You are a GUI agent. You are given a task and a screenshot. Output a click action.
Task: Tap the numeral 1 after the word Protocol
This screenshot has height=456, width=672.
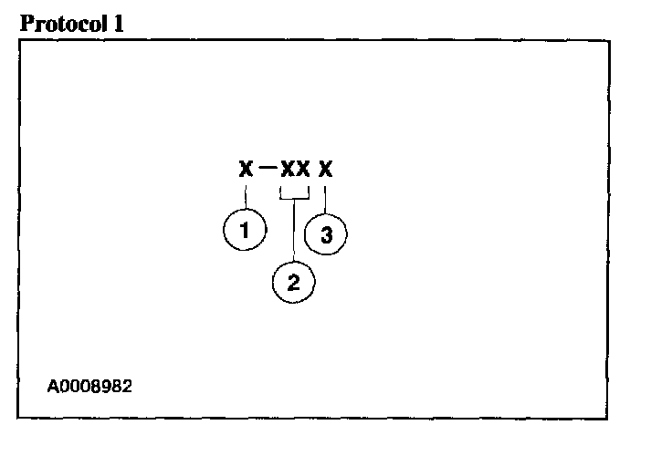pos(118,24)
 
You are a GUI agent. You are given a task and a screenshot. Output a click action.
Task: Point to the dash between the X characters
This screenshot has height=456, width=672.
pos(266,169)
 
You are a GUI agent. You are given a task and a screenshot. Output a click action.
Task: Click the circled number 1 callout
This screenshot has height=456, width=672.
pos(245,230)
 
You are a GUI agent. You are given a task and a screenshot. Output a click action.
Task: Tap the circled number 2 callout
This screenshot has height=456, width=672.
pos(293,283)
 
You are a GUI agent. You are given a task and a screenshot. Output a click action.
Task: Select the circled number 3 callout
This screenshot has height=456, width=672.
pos(326,235)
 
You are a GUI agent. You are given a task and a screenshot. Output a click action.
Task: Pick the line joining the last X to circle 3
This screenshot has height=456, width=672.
pos(325,198)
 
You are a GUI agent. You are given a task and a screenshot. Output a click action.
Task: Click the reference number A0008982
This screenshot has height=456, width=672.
pos(89,386)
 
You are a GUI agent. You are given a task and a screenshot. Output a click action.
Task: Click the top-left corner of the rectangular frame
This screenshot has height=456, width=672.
pos(18,40)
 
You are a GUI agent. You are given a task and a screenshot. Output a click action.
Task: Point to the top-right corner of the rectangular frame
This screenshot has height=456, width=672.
pos(609,40)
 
